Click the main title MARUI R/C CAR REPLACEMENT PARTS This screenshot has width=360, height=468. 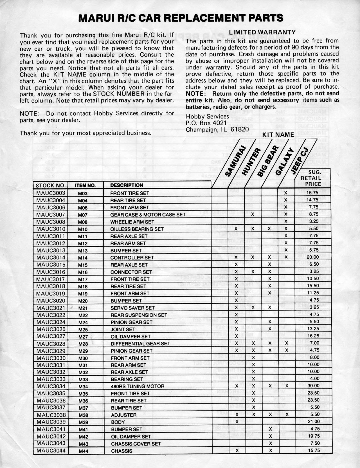181,18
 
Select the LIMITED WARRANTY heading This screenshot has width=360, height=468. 262,32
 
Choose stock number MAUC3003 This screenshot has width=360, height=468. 51,193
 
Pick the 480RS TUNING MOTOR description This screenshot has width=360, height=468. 138,386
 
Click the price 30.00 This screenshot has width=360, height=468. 313,386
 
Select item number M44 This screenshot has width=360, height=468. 83,451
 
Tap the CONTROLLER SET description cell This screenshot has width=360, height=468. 132,257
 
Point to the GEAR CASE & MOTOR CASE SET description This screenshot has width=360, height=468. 148,214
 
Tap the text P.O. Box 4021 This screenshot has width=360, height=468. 206,123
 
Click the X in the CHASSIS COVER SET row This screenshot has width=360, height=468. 270,443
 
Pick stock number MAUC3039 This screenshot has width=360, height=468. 51,422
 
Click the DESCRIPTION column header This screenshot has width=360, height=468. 127,185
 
